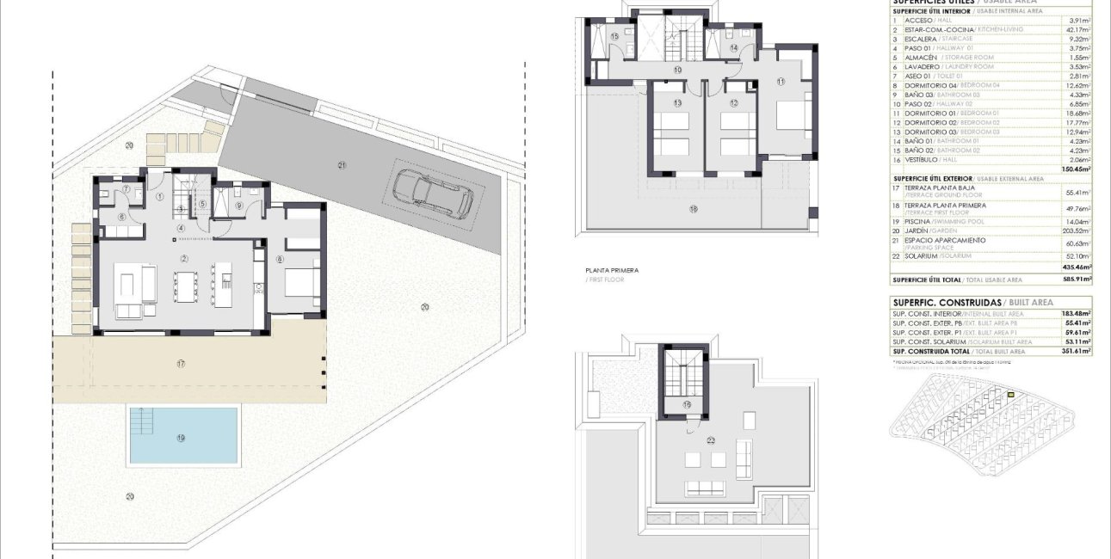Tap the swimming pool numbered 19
tap(183, 435)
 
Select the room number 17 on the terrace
tap(181, 365)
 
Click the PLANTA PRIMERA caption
tap(612, 270)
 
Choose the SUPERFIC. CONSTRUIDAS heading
tap(947, 303)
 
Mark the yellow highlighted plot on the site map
tap(1011, 395)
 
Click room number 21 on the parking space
tap(342, 165)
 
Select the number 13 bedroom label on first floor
tap(678, 103)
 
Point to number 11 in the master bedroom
tap(781, 82)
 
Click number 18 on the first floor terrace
tap(694, 208)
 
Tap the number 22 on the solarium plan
tap(711, 440)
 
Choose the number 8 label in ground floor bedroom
tap(280, 259)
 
